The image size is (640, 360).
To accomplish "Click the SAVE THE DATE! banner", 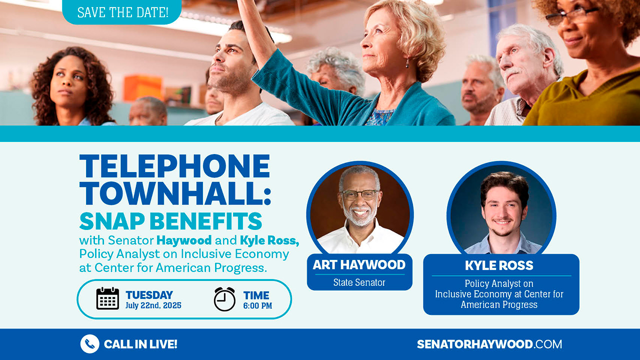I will (x=122, y=12).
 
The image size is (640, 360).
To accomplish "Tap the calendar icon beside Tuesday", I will (x=107, y=298).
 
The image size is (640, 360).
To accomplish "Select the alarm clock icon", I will (x=224, y=299).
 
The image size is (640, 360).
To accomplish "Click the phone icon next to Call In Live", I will (x=90, y=344).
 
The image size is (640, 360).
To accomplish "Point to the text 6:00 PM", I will (x=257, y=305).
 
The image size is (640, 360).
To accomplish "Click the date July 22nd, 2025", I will (x=153, y=305).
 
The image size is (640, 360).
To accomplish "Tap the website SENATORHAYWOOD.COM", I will (x=489, y=344).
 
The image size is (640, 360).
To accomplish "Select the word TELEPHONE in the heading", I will (x=174, y=166).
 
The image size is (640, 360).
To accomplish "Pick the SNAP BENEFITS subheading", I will (x=170, y=221).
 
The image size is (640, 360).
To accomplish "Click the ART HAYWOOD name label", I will (x=359, y=265).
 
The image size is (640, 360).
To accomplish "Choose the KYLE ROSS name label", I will (x=499, y=265).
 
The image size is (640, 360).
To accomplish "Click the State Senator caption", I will (x=359, y=282).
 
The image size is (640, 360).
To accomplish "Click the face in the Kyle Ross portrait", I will (x=503, y=210).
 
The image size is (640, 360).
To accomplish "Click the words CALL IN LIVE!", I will (x=140, y=344).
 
